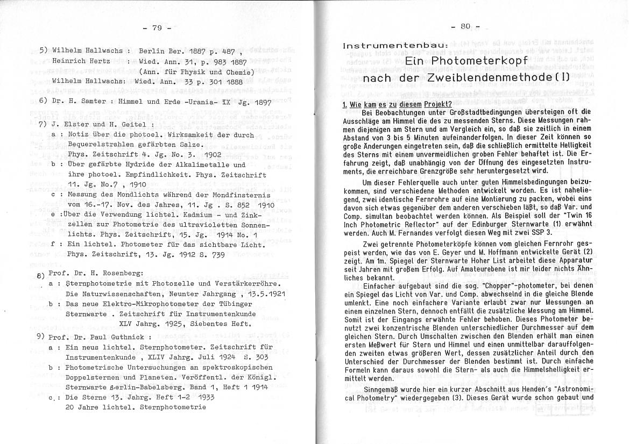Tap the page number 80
pyautogui.click(x=466, y=25)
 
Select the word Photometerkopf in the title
pyautogui.click(x=466, y=61)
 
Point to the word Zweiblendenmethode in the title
pyautogui.click(x=492, y=78)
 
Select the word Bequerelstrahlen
pyautogui.click(x=103, y=145)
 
